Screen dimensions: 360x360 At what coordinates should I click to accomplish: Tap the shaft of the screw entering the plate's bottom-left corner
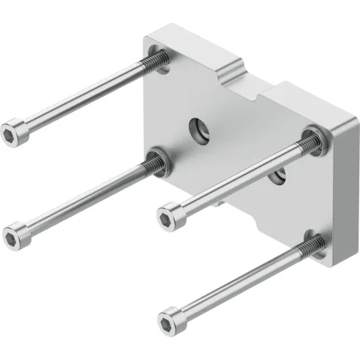(x=81, y=196)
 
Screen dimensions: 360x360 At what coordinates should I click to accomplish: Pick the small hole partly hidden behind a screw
(x=278, y=176)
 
